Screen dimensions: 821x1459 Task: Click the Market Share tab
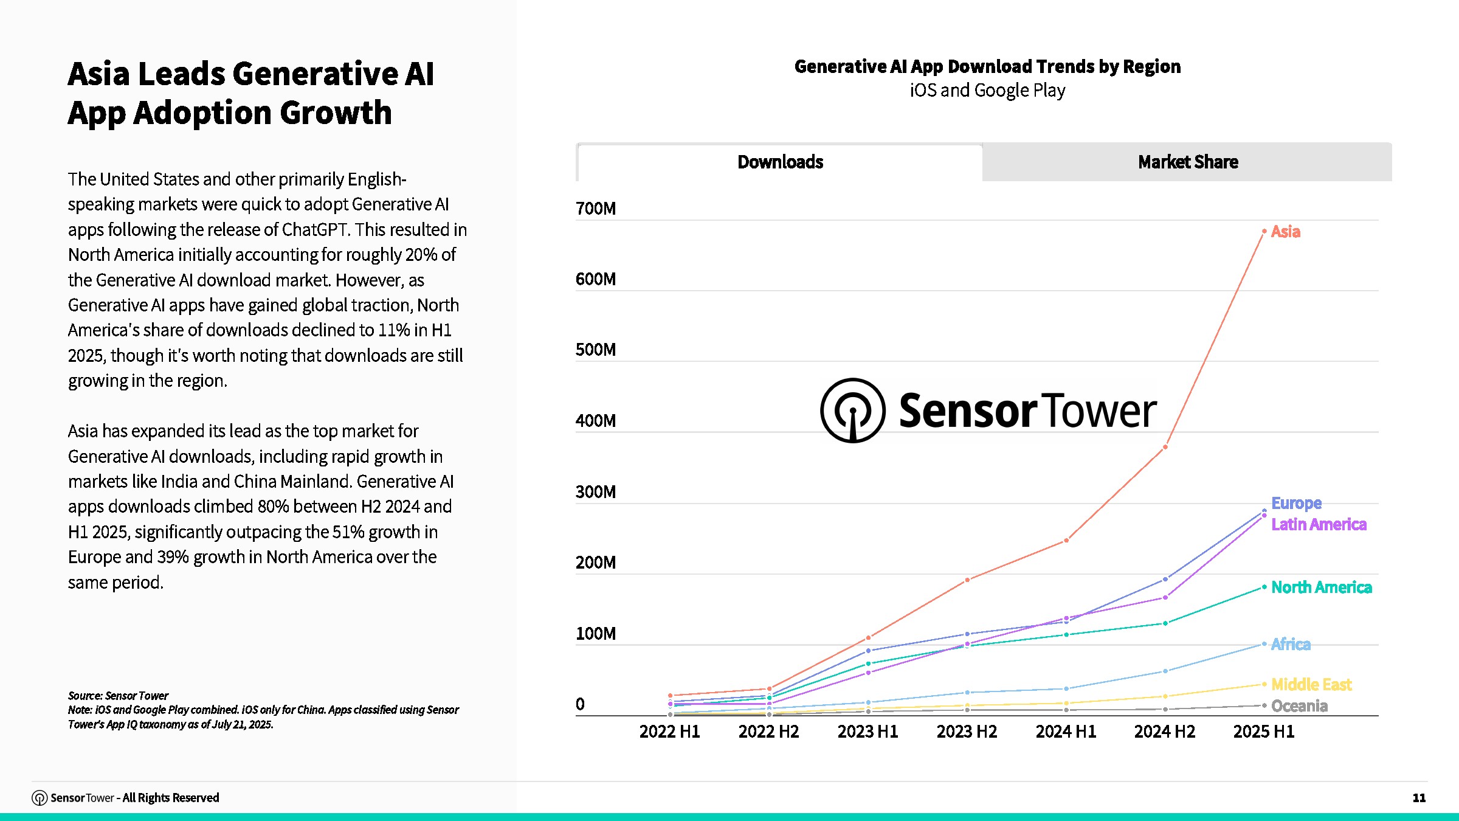(1187, 162)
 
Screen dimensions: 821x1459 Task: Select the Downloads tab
(780, 162)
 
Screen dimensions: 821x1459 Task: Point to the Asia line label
(1285, 232)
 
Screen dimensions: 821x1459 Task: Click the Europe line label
(1296, 504)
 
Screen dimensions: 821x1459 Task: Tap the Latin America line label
(1319, 524)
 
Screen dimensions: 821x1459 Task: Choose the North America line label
(1322, 587)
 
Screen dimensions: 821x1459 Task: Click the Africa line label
(1291, 644)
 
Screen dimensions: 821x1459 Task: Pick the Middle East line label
(1311, 685)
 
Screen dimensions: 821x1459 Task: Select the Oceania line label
(1299, 706)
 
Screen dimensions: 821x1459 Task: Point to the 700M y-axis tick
(596, 209)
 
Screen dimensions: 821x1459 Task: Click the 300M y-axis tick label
(596, 492)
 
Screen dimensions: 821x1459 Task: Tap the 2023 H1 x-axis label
(867, 732)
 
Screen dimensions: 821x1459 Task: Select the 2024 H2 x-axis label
(1164, 732)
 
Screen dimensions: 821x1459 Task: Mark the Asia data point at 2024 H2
(1165, 447)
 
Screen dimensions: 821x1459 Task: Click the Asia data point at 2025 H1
(1264, 231)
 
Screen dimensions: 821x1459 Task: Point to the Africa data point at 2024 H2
(1165, 671)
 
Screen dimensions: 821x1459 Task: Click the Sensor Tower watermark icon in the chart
(852, 410)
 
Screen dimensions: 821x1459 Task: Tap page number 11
(1419, 798)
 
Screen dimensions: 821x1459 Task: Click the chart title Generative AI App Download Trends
(987, 67)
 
